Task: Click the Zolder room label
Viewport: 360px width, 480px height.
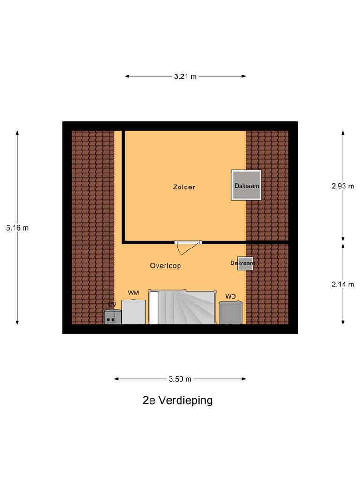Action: coord(184,187)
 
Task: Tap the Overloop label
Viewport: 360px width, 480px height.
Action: coord(165,266)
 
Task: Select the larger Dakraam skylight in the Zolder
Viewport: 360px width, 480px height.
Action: coord(246,185)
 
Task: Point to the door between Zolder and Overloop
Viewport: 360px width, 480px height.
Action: coord(187,243)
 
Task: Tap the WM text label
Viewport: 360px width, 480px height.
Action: coord(134,293)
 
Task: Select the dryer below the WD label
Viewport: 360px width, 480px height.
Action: coord(231,313)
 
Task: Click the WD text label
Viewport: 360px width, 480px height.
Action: coord(231,296)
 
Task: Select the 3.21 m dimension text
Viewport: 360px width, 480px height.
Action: coord(185,76)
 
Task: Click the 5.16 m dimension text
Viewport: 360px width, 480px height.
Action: coord(17,228)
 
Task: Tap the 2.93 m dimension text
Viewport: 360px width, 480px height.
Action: coord(343,186)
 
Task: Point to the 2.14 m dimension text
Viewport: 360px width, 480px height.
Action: coord(343,284)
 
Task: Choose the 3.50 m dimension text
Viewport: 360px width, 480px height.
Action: coord(180,379)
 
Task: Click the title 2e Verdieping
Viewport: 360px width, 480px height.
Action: coord(178,400)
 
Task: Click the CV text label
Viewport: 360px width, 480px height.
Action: coord(112,304)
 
